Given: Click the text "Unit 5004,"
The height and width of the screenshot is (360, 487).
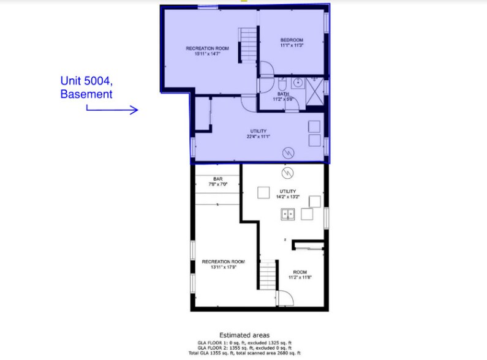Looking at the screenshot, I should (86, 80).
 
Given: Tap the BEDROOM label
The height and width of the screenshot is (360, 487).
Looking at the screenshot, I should (292, 40).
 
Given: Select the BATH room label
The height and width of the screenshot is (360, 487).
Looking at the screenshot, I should (283, 94).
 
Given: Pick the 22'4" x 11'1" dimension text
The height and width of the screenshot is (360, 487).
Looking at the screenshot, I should (258, 137).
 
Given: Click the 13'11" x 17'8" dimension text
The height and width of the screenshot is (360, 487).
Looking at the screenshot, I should (223, 267).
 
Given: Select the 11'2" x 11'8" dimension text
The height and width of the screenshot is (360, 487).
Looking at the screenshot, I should (300, 277).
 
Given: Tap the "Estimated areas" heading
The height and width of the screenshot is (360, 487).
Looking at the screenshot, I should (243, 336).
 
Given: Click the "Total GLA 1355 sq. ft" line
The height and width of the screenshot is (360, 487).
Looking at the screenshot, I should (243, 354).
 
